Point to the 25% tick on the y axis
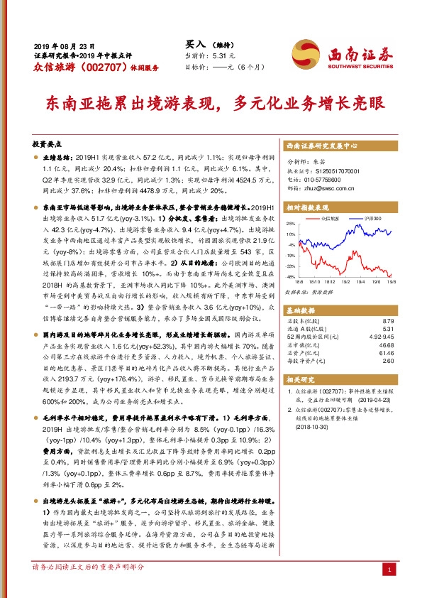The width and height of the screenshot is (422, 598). (292, 223)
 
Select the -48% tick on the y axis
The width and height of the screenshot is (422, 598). (291, 276)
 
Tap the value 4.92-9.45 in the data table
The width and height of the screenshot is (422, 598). (382, 337)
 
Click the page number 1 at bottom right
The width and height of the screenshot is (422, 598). (388, 570)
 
